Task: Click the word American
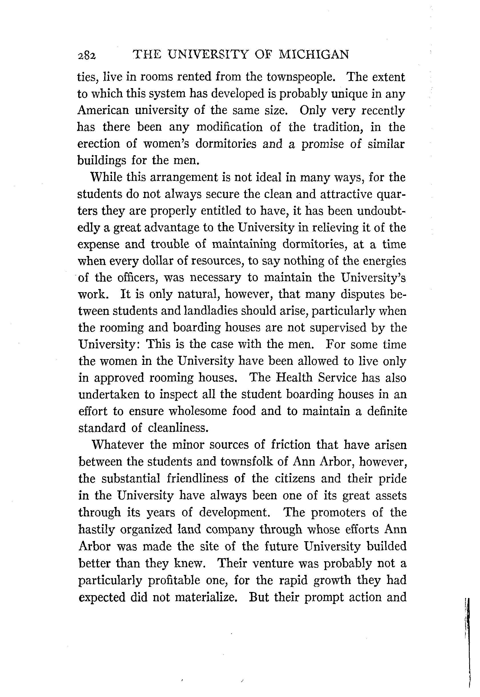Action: point(103,111)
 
